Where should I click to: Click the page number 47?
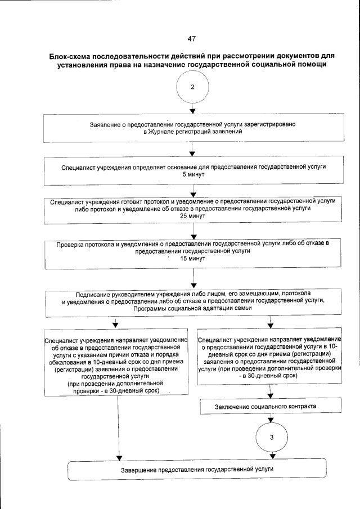point(192,38)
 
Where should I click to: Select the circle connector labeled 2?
point(192,87)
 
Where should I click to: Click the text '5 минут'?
point(192,175)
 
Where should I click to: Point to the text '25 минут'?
point(192,216)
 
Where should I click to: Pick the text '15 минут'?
point(192,259)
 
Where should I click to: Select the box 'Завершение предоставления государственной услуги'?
point(197,469)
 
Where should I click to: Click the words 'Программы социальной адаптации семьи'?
point(192,309)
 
